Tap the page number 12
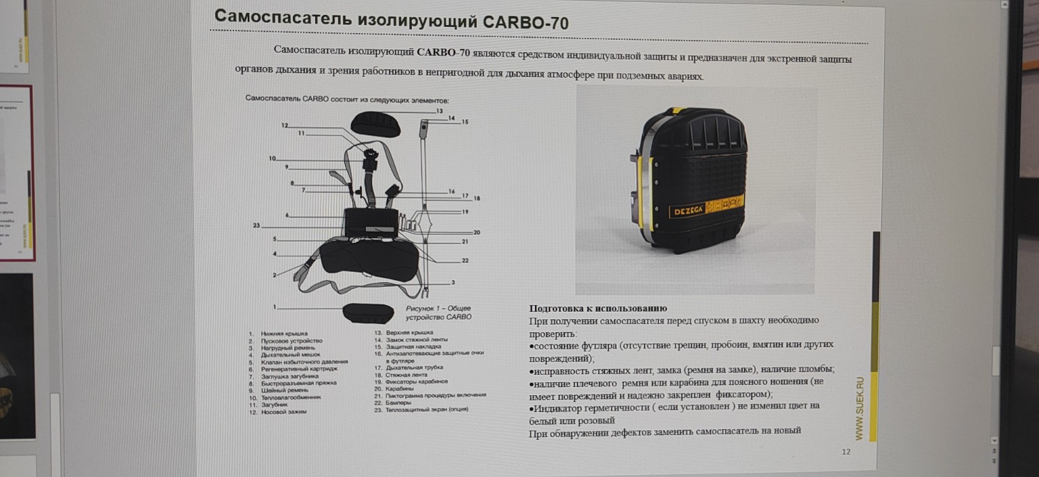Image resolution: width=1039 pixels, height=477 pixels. pyautogui.click(x=846, y=452)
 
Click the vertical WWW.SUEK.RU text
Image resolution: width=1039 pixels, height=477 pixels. pyautogui.click(x=859, y=409)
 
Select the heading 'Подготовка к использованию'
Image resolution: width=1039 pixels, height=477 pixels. pyautogui.click(x=597, y=309)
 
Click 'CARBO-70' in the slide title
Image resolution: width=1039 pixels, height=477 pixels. pyautogui.click(x=526, y=22)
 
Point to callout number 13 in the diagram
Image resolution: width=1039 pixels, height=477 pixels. pyautogui.click(x=439, y=110)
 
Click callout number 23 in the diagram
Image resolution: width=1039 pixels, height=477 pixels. pyautogui.click(x=256, y=225)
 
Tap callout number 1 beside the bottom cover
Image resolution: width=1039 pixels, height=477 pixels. pyautogui.click(x=275, y=307)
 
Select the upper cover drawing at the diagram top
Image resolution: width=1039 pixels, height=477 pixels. pyautogui.click(x=375, y=123)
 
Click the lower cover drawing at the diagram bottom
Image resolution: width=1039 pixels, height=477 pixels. pyautogui.click(x=368, y=313)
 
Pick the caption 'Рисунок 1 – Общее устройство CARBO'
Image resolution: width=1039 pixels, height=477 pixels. pyautogui.click(x=438, y=313)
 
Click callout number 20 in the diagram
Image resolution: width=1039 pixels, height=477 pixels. pyautogui.click(x=476, y=232)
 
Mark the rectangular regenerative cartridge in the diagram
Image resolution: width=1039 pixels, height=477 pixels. pyautogui.click(x=370, y=221)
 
